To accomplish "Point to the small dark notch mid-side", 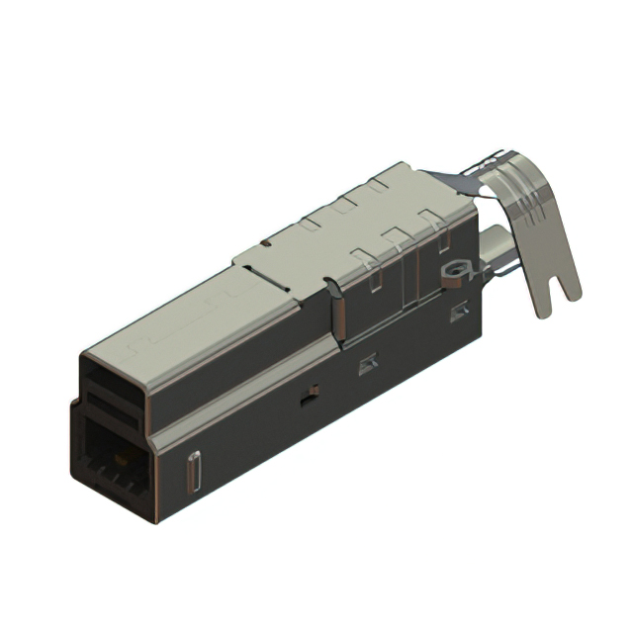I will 309,399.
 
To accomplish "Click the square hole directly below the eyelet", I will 458,314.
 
